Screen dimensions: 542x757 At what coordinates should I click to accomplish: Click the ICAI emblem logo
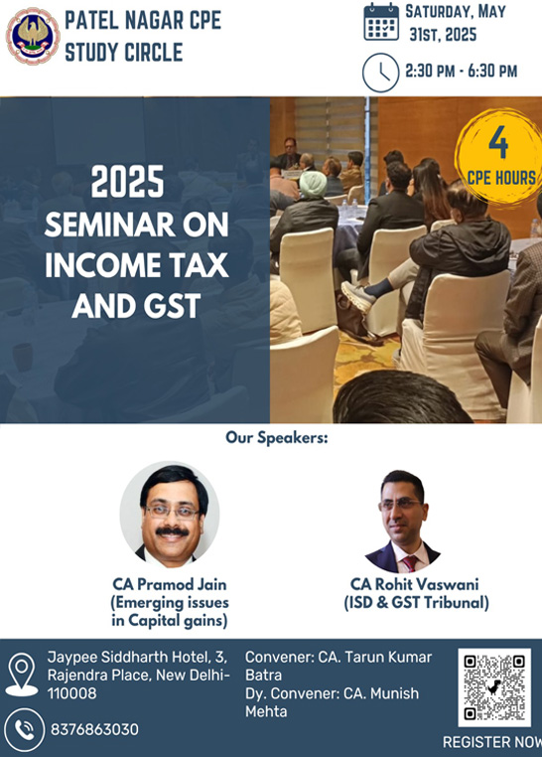[x=33, y=36]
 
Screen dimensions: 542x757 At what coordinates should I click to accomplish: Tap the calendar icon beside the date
[x=381, y=22]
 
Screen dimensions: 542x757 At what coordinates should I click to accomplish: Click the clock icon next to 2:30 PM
[x=380, y=73]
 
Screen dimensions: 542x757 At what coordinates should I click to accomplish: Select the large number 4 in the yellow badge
[x=498, y=143]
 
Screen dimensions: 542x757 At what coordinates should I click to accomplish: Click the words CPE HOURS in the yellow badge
[x=501, y=178]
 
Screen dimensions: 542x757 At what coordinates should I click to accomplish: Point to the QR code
[x=494, y=687]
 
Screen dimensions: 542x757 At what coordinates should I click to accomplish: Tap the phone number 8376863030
[x=94, y=729]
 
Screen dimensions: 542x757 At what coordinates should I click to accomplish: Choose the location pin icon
[x=21, y=675]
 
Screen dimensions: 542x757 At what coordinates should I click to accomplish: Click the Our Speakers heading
[x=277, y=438]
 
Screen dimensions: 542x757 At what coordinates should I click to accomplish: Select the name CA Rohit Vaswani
[x=415, y=584]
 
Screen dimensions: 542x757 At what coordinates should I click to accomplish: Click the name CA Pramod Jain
[x=170, y=584]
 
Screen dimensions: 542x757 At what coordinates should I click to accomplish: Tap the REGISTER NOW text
[x=492, y=742]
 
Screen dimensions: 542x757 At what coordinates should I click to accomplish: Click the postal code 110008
[x=71, y=693]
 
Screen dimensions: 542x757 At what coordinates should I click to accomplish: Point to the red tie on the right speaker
[x=410, y=563]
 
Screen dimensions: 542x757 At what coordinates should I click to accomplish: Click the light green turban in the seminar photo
[x=313, y=184]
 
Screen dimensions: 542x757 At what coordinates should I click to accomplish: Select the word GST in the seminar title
[x=172, y=306]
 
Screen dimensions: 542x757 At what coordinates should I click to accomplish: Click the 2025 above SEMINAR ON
[x=128, y=182]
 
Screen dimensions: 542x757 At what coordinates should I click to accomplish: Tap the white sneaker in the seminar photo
[x=358, y=296]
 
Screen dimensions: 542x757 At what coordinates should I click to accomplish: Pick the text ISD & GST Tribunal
[x=416, y=602]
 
